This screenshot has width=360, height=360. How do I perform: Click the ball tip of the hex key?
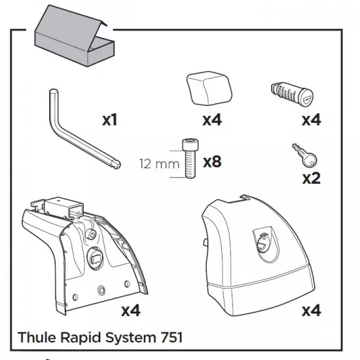coord(116,164)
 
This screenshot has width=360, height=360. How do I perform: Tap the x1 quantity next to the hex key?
coord(109,120)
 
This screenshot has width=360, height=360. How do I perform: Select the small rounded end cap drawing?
coord(209,88)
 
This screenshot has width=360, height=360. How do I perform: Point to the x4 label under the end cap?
coord(212,120)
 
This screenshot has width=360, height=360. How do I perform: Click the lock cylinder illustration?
coord(292,94)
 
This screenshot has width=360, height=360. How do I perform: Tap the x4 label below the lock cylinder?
coord(312,120)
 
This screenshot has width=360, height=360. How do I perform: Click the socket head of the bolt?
coord(190,145)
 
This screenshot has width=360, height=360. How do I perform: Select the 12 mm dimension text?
coord(159,164)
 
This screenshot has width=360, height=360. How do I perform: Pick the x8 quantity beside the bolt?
coord(212,162)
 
